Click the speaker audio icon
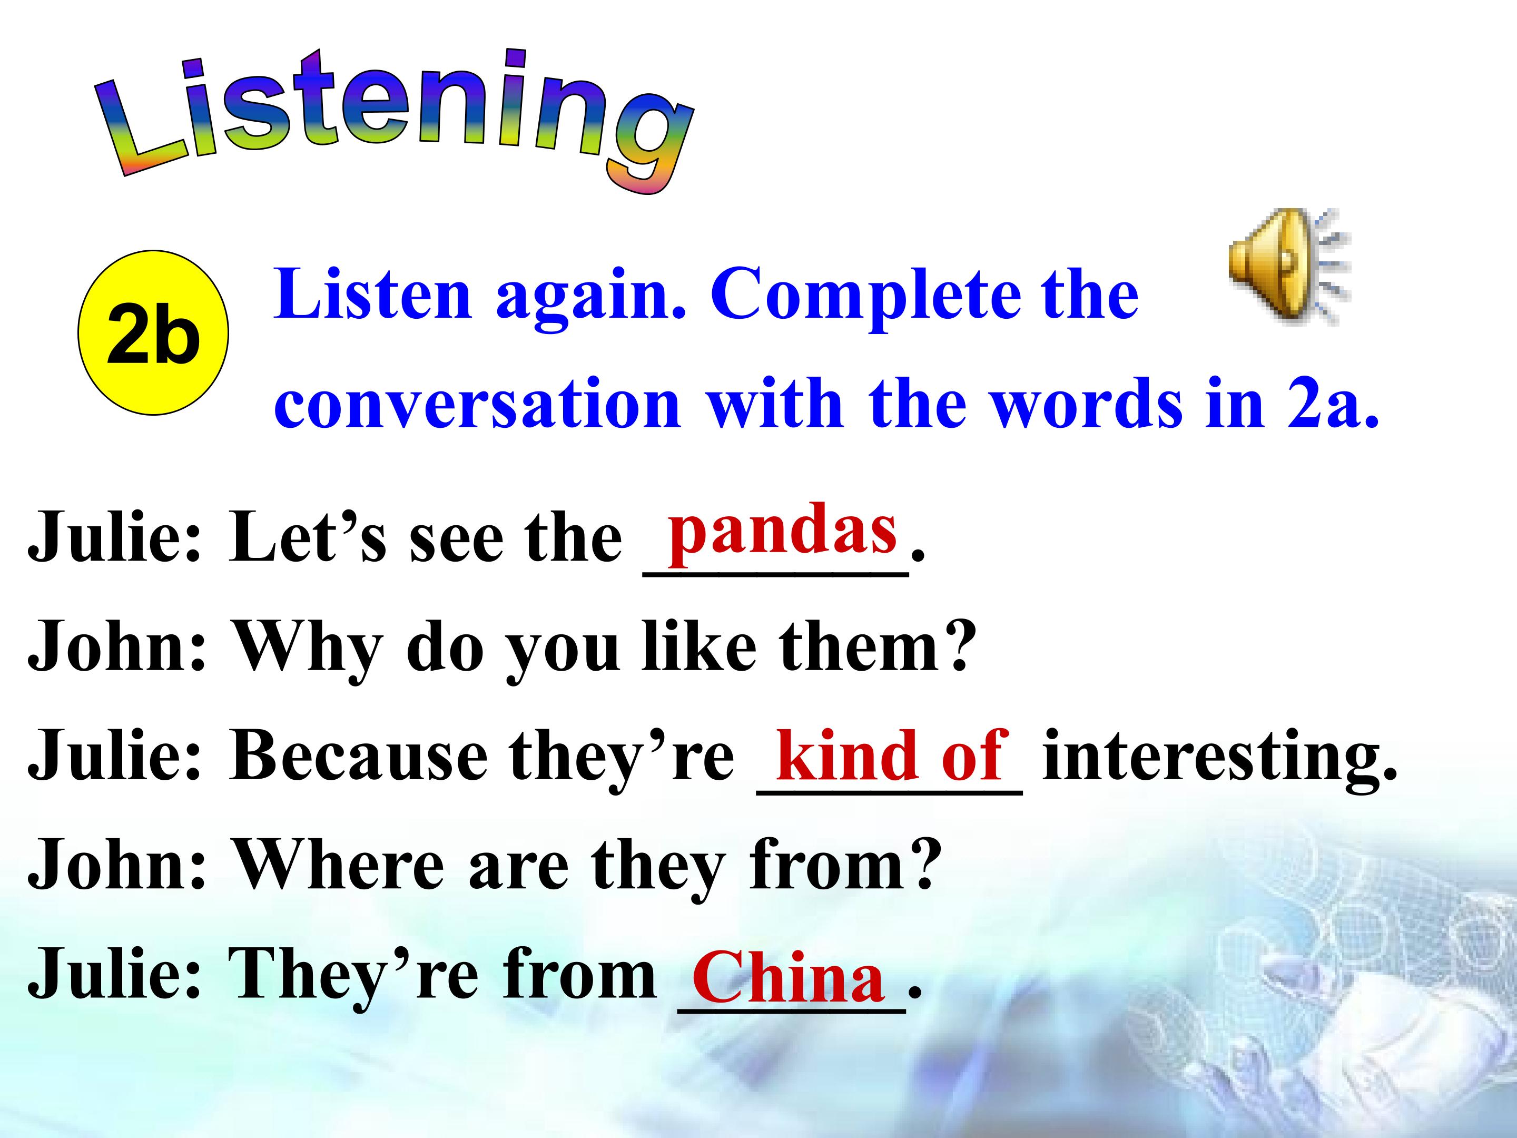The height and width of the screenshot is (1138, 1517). (1289, 266)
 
